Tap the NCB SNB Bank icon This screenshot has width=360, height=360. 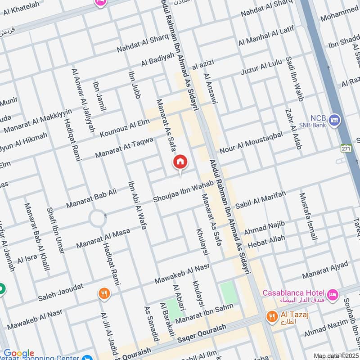[334, 120]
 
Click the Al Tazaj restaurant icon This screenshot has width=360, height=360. [271, 316]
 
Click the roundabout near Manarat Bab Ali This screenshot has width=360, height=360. [98, 219]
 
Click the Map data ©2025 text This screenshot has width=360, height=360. [335, 356]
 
